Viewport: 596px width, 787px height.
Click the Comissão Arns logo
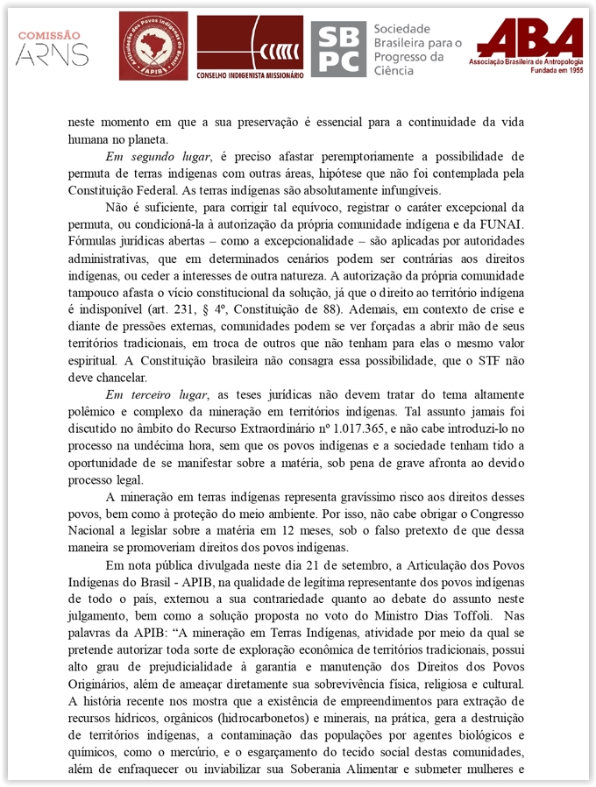(x=52, y=48)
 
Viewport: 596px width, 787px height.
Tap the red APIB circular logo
(x=153, y=46)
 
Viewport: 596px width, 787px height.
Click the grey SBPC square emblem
(x=337, y=48)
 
